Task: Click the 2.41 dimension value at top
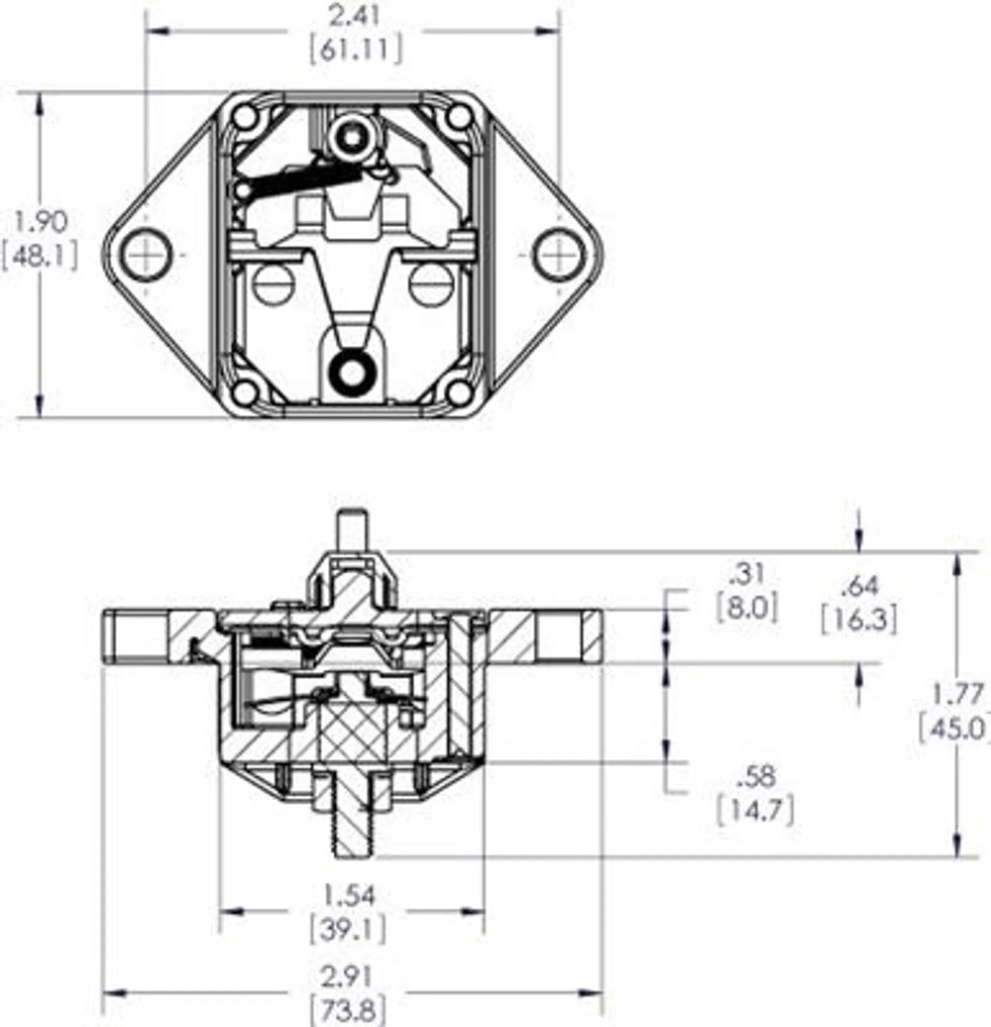click(355, 15)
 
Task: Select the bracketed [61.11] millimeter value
click(355, 51)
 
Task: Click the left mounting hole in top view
click(147, 254)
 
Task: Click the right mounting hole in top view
click(559, 254)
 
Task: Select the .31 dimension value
click(746, 572)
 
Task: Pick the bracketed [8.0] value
click(746, 606)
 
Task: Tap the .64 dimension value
click(858, 584)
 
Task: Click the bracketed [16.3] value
click(858, 620)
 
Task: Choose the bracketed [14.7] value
click(754, 810)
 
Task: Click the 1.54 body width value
click(352, 895)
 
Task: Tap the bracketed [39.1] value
click(352, 930)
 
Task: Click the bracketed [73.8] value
click(352, 1011)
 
